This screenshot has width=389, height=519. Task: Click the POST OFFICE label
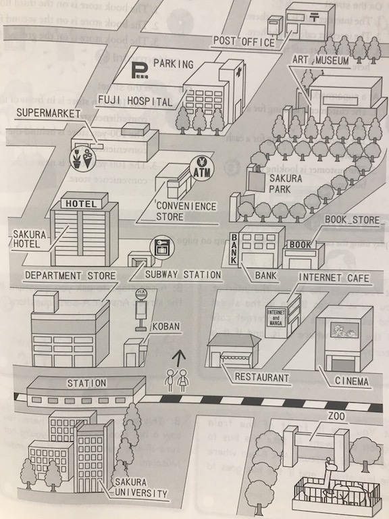tap(244, 42)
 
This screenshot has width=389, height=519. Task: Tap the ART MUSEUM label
tap(320, 60)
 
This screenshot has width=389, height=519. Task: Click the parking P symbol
tap(140, 70)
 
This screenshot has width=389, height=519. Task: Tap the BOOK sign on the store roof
tap(300, 245)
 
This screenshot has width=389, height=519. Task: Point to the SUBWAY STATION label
tap(183, 274)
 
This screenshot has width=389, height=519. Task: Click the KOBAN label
tap(165, 326)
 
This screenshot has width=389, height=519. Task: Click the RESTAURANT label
tap(262, 377)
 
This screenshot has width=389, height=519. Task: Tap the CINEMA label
tap(352, 382)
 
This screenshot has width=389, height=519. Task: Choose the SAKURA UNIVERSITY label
tap(139, 488)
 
